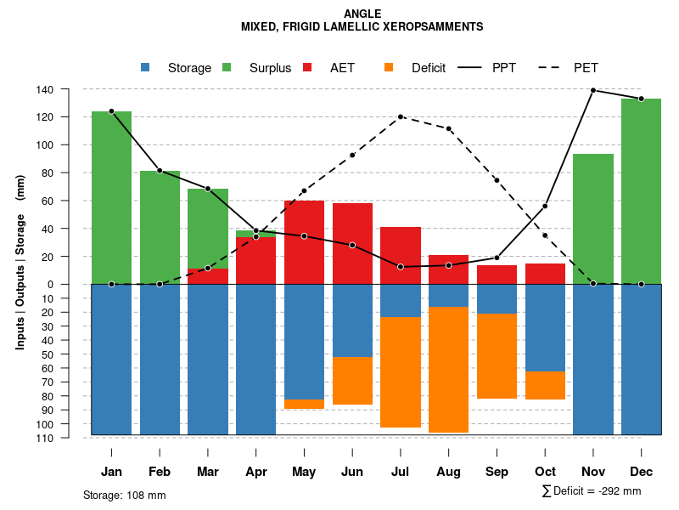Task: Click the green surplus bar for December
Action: pos(641,191)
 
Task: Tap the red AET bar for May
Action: pos(304,242)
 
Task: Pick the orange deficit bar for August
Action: pos(448,370)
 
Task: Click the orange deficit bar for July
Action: pos(401,372)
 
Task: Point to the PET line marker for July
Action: pos(401,116)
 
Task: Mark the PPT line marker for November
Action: pos(593,90)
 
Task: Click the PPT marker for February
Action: pos(160,171)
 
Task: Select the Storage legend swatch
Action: pos(145,68)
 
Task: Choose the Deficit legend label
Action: pos(429,68)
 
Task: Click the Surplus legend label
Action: pos(270,68)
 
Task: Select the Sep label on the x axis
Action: pos(497,472)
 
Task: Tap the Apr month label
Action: pos(256,472)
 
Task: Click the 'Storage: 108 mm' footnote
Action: pos(125,495)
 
